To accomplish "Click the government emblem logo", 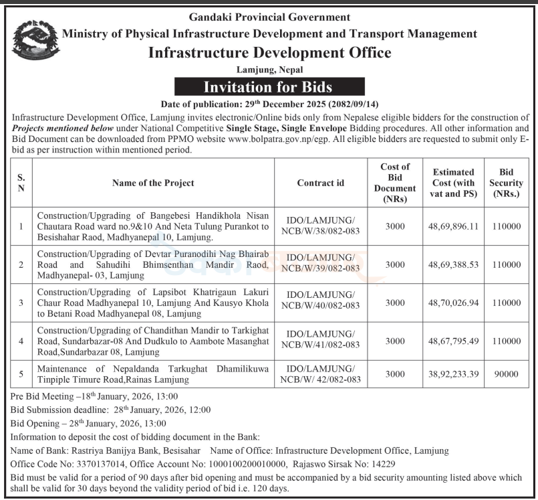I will (33, 46).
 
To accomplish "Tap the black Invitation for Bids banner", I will (269, 87).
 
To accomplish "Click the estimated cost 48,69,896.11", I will (454, 226).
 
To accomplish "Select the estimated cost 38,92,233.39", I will (454, 373).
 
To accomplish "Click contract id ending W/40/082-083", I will (321, 302).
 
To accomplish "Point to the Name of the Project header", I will (153, 183).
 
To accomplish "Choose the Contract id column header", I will (321, 183).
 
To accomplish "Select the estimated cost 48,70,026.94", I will (454, 302).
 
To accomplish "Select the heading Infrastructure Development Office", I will (269, 53).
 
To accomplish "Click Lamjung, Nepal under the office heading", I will (269, 70).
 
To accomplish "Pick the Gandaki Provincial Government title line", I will (269, 17).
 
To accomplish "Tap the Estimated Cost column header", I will (454, 183).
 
